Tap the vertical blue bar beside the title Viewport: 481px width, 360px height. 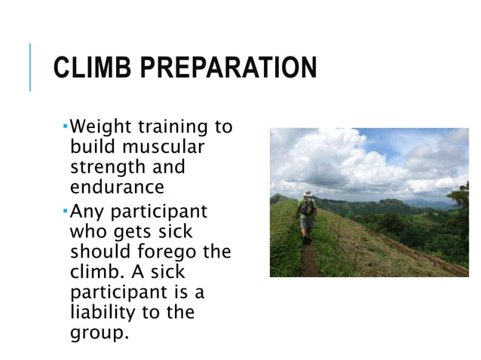(x=31, y=67)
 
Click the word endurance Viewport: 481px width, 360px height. (x=116, y=186)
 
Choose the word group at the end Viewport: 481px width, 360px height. (x=96, y=331)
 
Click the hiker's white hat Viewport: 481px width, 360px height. (x=308, y=193)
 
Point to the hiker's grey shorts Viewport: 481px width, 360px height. (x=307, y=223)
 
